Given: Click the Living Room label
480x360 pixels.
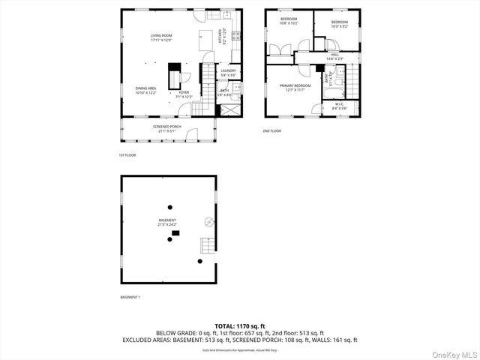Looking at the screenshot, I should coord(162,37).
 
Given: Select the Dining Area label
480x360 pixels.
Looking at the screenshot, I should coord(146,89).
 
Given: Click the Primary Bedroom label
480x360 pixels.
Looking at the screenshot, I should coord(295,87).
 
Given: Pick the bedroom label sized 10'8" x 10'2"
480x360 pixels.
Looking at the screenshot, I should coord(289,21).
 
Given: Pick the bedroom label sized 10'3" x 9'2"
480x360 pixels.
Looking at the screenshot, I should coord(340,23).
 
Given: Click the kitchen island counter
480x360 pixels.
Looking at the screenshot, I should coord(202,39).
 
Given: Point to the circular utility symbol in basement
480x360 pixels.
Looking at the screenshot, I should coord(209,221).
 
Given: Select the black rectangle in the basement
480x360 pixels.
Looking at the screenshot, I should coord(175,234).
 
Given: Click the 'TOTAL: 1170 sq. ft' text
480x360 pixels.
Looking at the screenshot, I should coord(239,325).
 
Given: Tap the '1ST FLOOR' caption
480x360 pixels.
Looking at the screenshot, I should coord(127,155).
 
